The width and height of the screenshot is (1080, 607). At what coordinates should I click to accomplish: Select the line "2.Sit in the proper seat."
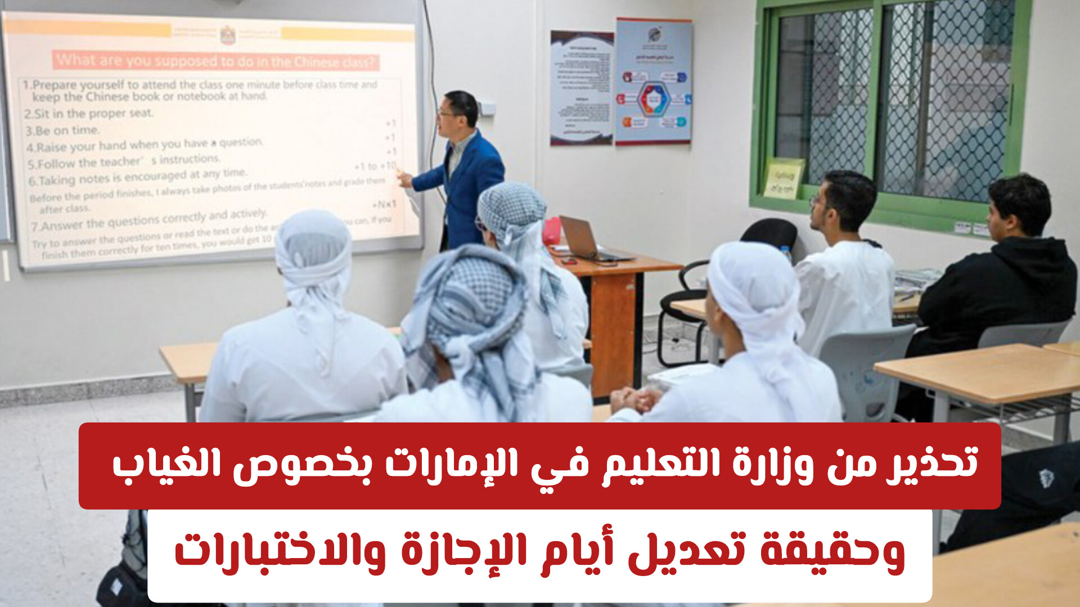pyautogui.click(x=89, y=113)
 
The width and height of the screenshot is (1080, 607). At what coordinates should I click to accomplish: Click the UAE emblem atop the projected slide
pyautogui.click(x=227, y=35)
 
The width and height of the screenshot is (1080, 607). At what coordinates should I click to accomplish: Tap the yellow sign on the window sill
pyautogui.click(x=783, y=179)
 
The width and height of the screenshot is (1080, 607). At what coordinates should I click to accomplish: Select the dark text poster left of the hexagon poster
pyautogui.click(x=581, y=87)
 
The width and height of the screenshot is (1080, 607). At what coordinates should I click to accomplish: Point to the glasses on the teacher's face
pyautogui.click(x=446, y=113)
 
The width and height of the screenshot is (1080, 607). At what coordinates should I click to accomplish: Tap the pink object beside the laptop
pyautogui.click(x=552, y=231)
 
